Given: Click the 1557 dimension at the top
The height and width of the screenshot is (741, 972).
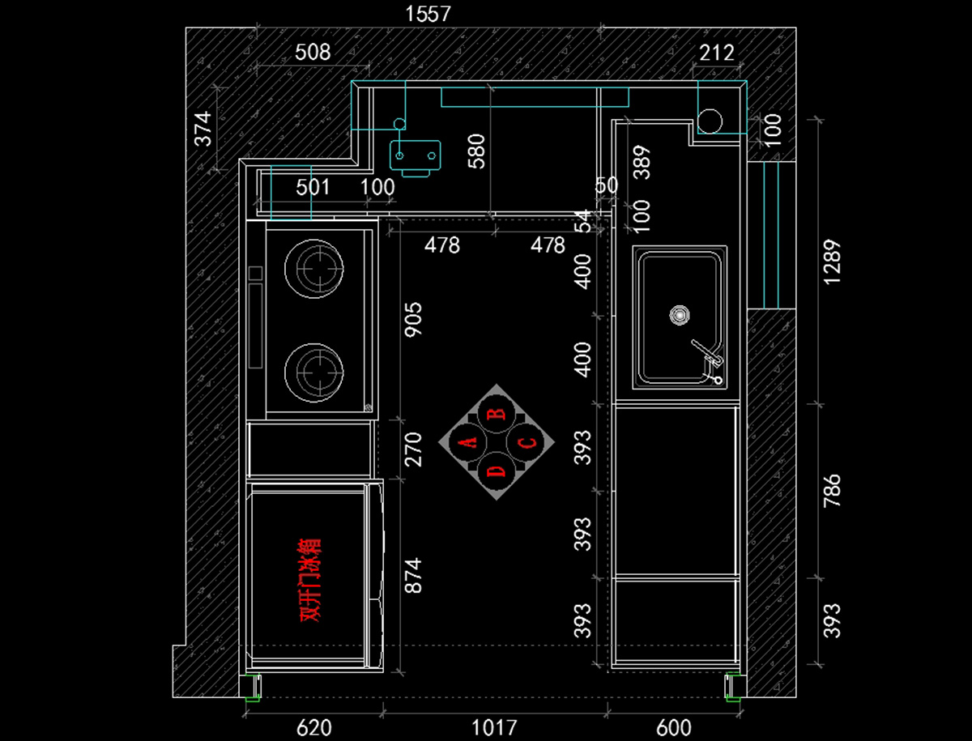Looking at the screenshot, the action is [x=428, y=14].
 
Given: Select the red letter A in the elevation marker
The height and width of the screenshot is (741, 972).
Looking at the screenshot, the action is [x=467, y=442].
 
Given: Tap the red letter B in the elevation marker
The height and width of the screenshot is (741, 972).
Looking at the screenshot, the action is [x=497, y=414].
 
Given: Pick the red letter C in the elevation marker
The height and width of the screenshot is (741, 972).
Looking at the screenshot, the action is [x=526, y=443].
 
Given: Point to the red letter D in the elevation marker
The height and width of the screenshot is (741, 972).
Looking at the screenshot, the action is [x=496, y=471].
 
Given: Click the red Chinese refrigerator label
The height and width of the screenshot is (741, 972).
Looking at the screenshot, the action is [x=310, y=579].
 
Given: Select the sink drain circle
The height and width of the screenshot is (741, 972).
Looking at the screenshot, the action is [x=680, y=315].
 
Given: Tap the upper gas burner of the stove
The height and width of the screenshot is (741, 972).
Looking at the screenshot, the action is [x=314, y=269].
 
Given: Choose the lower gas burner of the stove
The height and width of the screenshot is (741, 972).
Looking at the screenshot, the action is [x=314, y=373].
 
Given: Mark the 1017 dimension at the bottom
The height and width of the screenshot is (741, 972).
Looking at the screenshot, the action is [x=494, y=727].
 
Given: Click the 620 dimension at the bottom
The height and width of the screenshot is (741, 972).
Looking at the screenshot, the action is [x=313, y=727].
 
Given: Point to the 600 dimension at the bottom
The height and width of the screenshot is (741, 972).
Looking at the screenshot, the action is [x=674, y=727].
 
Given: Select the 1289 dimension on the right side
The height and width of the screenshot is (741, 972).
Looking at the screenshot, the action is [x=832, y=262].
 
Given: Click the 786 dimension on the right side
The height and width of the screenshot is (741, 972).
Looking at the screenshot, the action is [x=832, y=491].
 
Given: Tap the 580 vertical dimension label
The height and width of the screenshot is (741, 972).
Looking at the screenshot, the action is [x=476, y=151].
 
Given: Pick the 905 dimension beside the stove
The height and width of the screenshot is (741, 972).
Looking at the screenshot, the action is [x=414, y=320].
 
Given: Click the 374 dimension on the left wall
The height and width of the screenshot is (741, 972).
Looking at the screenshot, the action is [x=203, y=129].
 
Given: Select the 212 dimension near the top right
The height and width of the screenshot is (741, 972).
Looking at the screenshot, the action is [x=717, y=53].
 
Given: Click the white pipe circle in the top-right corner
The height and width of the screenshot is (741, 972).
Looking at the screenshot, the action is [x=710, y=121].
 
